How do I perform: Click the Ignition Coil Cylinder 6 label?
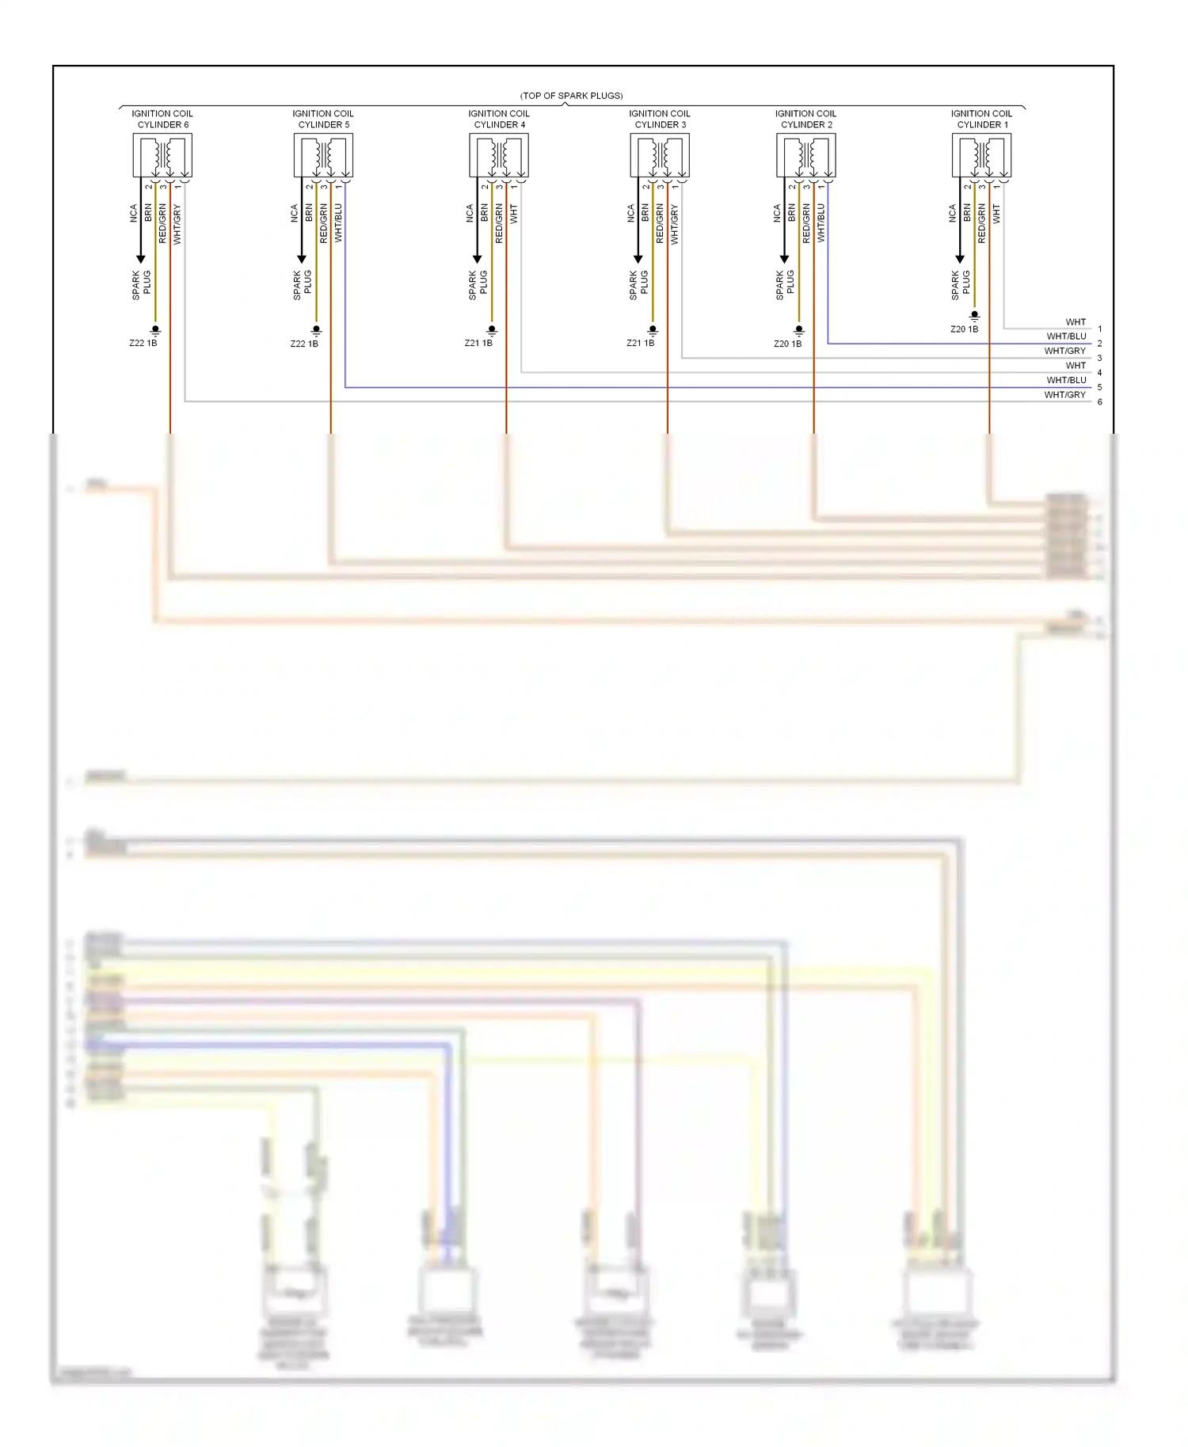162,119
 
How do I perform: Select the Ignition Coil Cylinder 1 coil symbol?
981,156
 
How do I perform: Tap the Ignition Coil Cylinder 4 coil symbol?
499,156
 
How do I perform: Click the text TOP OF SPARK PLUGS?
571,96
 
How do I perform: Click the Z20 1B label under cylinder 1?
964,329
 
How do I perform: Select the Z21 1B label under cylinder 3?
640,344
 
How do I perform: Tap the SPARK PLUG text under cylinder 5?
302,285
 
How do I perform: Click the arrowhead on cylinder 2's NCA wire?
784,259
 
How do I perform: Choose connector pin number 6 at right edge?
1099,402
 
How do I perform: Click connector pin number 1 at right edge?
1099,329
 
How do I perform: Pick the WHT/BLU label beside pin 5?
1066,380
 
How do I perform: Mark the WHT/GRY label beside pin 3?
1064,351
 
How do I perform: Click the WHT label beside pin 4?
1075,366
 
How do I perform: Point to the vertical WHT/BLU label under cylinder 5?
338,222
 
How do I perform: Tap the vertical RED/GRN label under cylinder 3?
660,222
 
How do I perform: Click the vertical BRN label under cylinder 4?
484,212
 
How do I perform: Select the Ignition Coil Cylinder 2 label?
805,119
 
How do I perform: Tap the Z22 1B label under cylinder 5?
304,344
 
